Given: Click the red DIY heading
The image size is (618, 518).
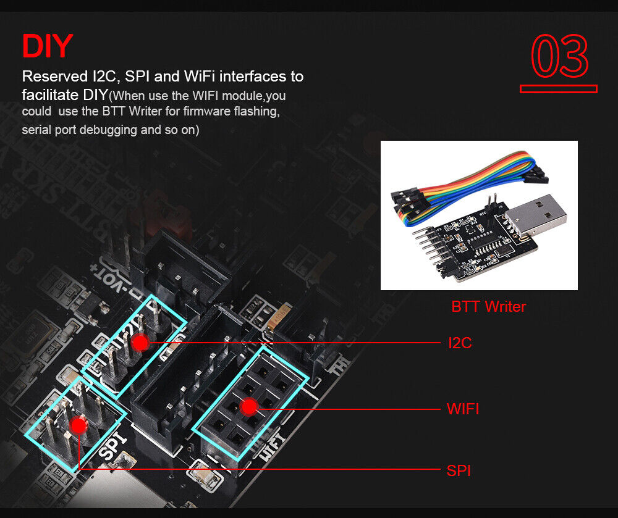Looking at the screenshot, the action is (48, 46).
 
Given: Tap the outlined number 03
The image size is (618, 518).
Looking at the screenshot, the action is (559, 55).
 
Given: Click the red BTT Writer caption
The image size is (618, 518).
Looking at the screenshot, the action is (488, 307).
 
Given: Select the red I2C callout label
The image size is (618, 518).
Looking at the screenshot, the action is (460, 343).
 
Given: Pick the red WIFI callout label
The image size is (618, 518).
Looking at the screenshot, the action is (463, 409).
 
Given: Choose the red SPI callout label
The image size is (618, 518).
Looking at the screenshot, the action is (459, 470).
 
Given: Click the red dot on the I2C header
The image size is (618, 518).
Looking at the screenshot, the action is (140, 342).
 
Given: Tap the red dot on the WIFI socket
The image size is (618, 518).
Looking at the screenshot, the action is (249, 407).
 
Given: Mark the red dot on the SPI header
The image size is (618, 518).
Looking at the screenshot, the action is (79, 425).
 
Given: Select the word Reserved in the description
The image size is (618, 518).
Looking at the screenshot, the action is (55, 76).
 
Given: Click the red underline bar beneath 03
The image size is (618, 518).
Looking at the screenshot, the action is (559, 89).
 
